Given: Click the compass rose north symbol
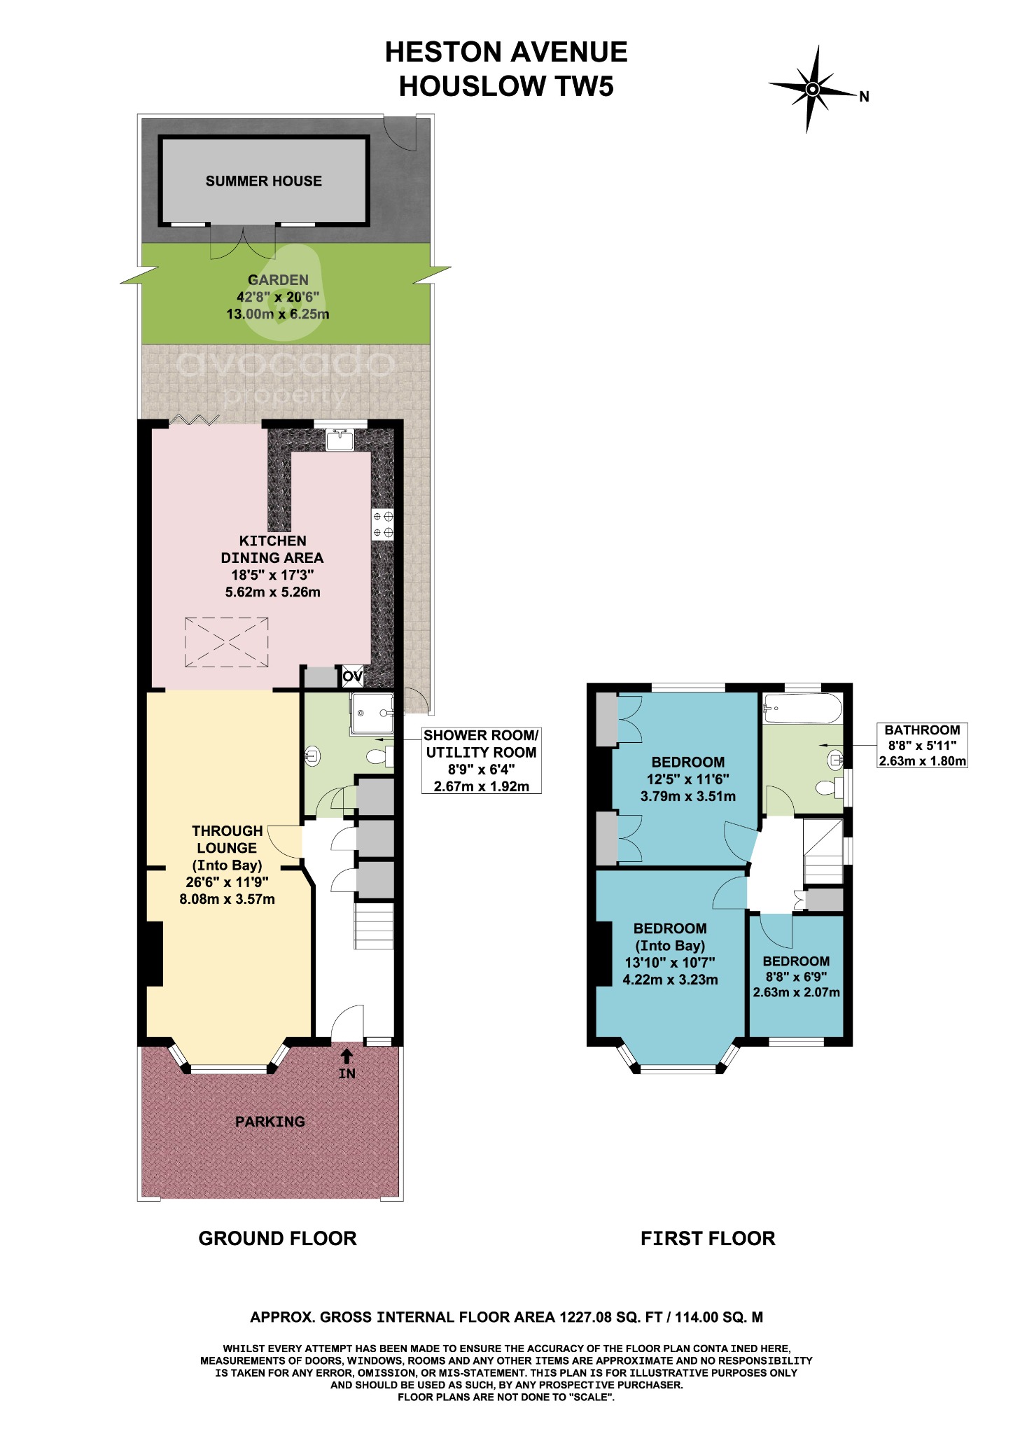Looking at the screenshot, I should click(813, 89).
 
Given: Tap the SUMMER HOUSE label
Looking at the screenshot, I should click(263, 181).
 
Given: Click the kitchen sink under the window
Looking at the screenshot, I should click(341, 440).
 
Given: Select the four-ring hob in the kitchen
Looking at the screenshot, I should click(383, 524).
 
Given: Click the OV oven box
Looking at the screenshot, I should click(352, 676).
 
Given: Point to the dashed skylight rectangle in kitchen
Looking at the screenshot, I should click(226, 642).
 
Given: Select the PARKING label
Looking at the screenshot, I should click(270, 1122).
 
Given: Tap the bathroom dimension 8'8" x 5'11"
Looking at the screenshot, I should click(922, 746).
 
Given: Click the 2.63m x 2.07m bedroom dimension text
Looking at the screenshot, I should click(796, 992).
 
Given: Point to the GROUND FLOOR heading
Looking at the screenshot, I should click(277, 1239).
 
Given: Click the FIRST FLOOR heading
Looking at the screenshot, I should click(708, 1239).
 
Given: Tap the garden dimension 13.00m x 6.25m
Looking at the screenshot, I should click(277, 314).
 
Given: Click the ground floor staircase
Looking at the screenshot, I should click(375, 925).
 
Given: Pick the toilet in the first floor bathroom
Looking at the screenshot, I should click(829, 788).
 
